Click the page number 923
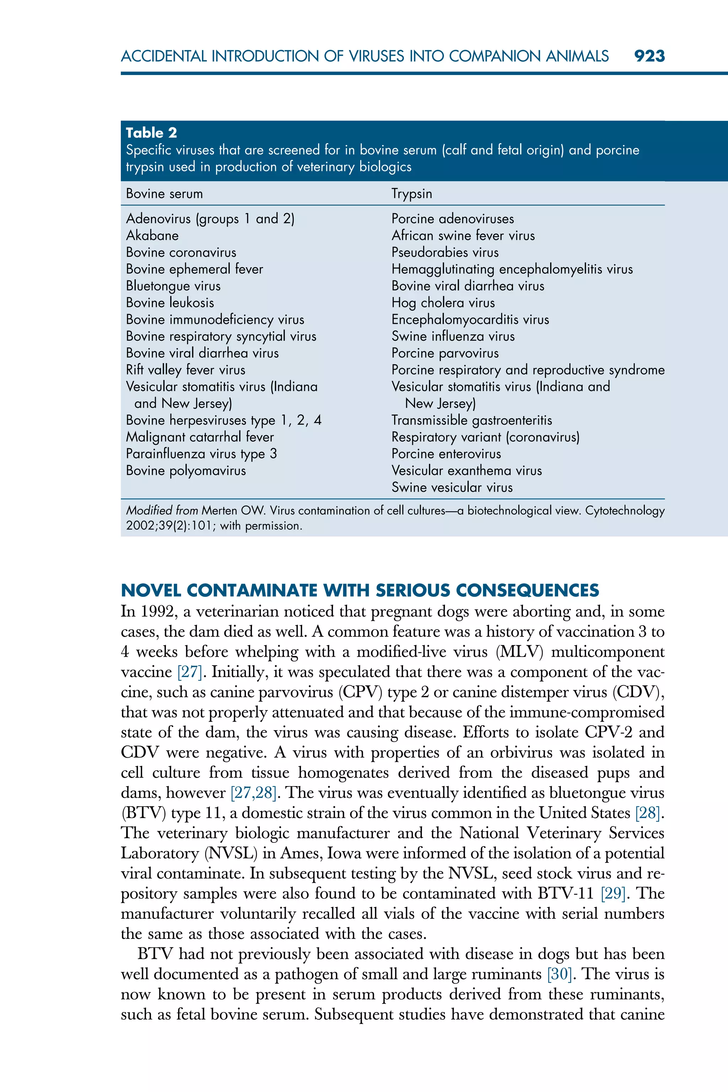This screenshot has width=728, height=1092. [649, 56]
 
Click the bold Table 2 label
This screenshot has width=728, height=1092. [151, 133]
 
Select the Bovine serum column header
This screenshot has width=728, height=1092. [164, 194]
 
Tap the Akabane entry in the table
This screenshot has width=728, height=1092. [152, 236]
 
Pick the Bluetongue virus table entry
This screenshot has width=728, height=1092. [173, 286]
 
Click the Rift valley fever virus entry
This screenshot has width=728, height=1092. [185, 370]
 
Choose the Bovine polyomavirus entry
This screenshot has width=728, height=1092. [186, 470]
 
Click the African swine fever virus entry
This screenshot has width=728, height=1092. [463, 236]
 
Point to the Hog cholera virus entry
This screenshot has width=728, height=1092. [443, 303]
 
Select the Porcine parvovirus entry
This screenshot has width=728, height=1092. [445, 353]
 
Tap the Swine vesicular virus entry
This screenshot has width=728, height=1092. [452, 487]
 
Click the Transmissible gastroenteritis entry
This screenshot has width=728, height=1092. [472, 420]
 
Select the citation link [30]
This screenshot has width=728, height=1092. [560, 974]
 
